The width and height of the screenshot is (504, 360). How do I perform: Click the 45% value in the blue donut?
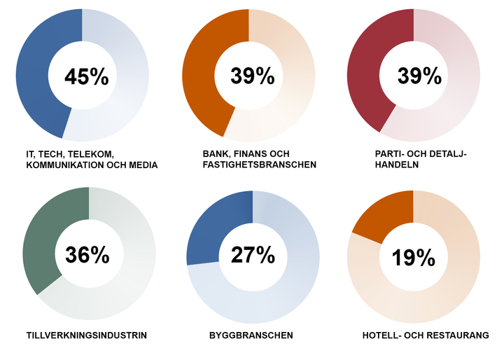pyautogui.click(x=86, y=76)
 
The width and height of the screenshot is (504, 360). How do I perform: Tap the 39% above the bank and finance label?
pyautogui.click(x=253, y=76)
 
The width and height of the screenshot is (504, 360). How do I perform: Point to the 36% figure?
pyautogui.click(x=87, y=256)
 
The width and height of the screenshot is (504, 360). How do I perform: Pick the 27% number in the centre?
pyautogui.click(x=253, y=256)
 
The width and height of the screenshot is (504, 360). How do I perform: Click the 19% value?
pyautogui.click(x=414, y=258)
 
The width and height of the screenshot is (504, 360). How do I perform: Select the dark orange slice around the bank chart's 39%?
pyautogui.click(x=203, y=74)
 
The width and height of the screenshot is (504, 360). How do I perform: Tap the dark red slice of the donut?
pyautogui.click(x=367, y=74)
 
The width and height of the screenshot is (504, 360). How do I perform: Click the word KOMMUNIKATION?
pyautogui.click(x=62, y=165)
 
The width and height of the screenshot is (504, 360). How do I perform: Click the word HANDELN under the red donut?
pyautogui.click(x=397, y=165)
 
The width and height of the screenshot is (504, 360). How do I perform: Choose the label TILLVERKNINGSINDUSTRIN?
pyautogui.click(x=86, y=335)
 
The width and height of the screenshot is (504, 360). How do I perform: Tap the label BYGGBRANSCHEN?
pyautogui.click(x=251, y=335)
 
